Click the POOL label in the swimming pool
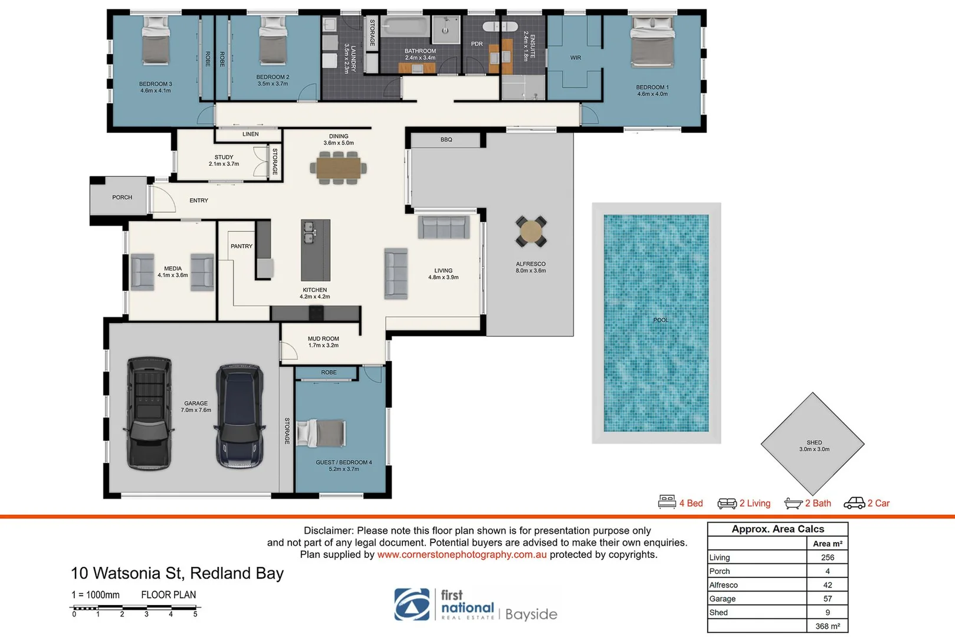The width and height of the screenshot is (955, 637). pos(661,320)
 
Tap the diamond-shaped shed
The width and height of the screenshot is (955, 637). pos(813,444)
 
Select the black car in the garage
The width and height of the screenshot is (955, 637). pos(150,412)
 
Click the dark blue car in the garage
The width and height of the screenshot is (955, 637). pos(239,416)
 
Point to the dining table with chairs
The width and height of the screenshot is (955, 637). pos(339,168)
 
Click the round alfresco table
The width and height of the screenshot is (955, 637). pos(531,232)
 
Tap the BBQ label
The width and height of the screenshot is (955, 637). pos(446,140)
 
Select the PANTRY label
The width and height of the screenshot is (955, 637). pos(241,247)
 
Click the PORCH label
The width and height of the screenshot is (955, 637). pos(122,198)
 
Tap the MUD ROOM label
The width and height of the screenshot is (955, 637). pos(323,339)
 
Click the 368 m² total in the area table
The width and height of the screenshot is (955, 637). pos(827,626)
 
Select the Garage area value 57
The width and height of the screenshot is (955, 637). pos(827,599)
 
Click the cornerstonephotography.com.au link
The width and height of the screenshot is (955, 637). pos(462,555)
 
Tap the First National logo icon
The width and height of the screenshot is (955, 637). pos(412,605)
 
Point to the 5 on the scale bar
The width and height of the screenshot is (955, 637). pos(195,615)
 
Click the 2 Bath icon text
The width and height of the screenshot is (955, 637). pos(818,503)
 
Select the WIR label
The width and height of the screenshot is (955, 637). pos(576,58)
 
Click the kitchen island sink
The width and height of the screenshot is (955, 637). pos(309,233)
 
